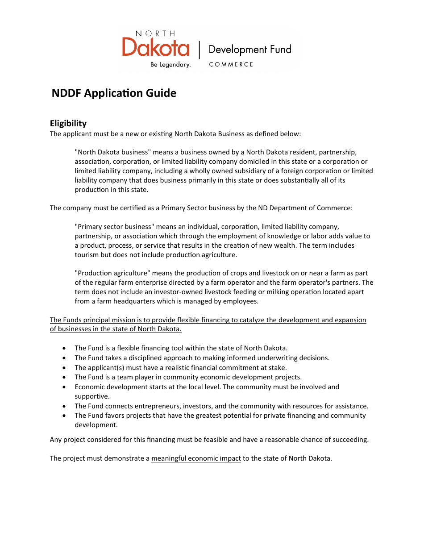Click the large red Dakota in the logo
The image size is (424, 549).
coord(149,47)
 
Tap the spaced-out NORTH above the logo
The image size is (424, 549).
coord(155,33)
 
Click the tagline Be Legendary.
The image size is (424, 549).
coord(170,65)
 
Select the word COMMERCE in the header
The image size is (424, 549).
coord(231,65)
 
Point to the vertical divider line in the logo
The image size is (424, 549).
coord(199,50)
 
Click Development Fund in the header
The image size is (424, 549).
coord(250,50)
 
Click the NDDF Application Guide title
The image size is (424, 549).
coord(114,93)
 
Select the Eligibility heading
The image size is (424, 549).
coord(68,123)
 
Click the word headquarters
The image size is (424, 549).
coord(135,301)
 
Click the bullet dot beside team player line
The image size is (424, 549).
coord(65,378)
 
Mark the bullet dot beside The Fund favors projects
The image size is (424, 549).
coord(65,416)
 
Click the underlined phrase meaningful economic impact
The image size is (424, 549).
coord(196,458)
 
